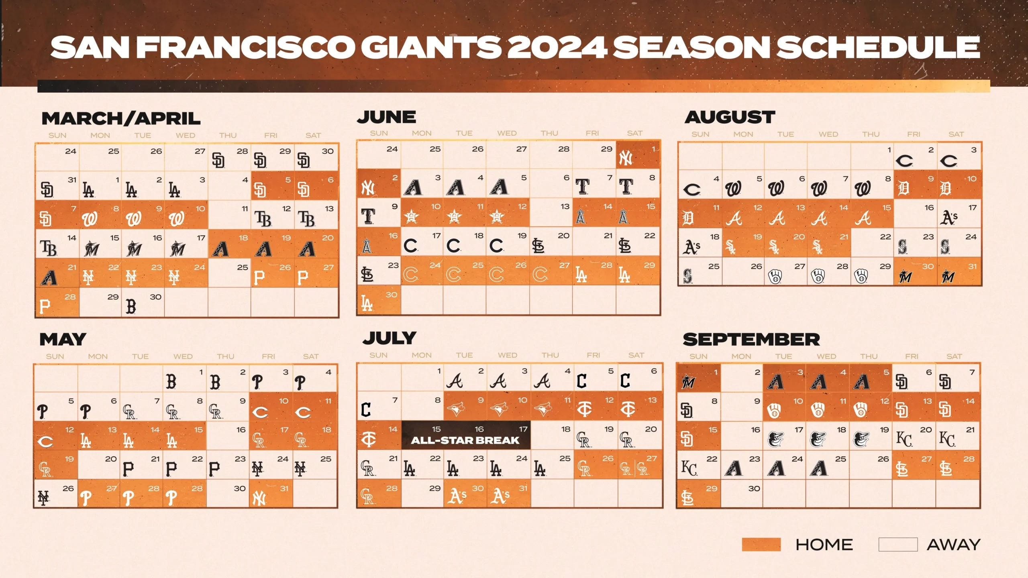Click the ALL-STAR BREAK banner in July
point(466,435)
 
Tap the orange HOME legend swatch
point(761,545)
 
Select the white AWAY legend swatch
point(898,545)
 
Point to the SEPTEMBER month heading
point(751,340)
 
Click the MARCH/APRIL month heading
point(121,118)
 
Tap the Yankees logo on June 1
point(626,158)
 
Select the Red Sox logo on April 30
point(131,307)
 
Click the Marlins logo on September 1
point(688,382)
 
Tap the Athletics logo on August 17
point(948,218)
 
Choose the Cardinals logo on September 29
point(687,498)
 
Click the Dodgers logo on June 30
point(367,304)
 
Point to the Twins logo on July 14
point(368,440)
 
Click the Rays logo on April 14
point(49,248)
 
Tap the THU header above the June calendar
point(549,133)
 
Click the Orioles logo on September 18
point(818,440)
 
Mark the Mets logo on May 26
point(43,498)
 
